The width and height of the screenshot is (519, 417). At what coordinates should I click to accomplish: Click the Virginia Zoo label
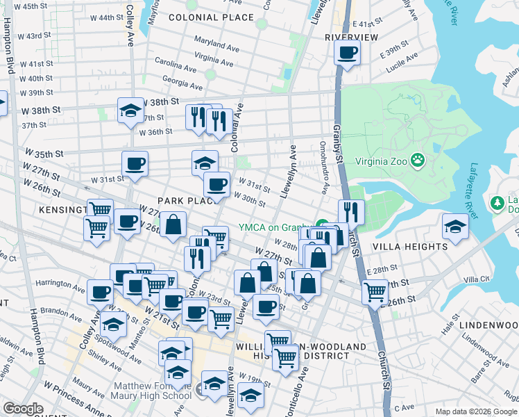(380, 162)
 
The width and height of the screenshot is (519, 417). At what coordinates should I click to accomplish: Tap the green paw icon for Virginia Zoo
(418, 162)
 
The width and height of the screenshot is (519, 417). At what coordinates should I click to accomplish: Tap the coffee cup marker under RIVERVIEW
(348, 52)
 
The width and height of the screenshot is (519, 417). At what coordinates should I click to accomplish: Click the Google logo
(23, 409)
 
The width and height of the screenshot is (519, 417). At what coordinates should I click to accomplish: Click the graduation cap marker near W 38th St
(130, 111)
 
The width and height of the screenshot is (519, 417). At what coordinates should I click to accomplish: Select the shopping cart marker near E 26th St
(375, 292)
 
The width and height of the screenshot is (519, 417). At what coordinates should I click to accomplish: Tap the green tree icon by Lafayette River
(497, 203)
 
